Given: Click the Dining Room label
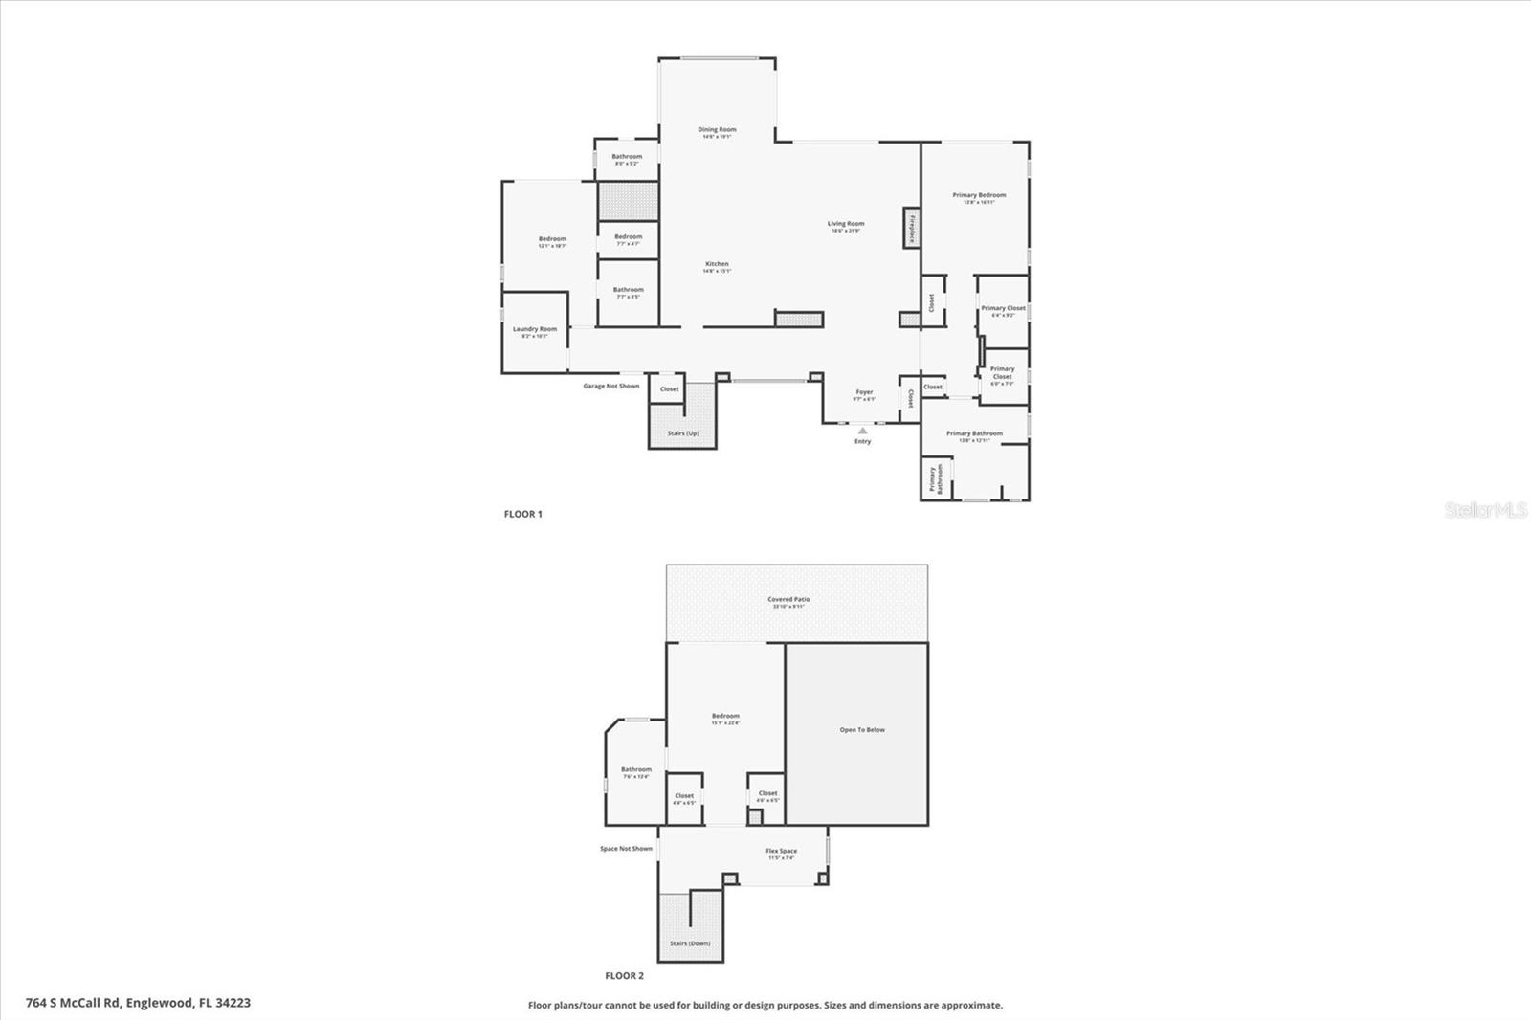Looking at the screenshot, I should (x=717, y=130).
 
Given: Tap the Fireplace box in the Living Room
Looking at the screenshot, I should (x=912, y=228).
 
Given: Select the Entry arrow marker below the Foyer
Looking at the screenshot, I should (x=862, y=431).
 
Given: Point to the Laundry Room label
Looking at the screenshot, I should (x=534, y=329).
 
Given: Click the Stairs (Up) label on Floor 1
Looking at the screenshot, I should (x=682, y=433).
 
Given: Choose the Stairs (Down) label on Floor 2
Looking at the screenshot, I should (x=689, y=943).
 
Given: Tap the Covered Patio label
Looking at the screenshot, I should (x=788, y=600).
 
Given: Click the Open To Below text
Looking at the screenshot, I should (x=862, y=730).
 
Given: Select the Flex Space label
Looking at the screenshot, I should (x=781, y=852).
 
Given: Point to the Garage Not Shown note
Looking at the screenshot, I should (x=611, y=387).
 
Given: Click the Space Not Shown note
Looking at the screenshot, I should (x=626, y=849).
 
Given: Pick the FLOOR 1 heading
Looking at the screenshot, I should (x=522, y=514).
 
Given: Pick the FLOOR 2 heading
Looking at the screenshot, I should (x=624, y=976).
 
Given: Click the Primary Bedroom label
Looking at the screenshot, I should (x=979, y=195).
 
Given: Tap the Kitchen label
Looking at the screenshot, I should (x=717, y=265).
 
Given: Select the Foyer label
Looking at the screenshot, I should (x=864, y=392).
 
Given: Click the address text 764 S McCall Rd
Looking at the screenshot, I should (x=139, y=1003).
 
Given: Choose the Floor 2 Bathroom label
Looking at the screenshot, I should (x=635, y=770).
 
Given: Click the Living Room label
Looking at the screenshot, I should (x=846, y=225).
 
